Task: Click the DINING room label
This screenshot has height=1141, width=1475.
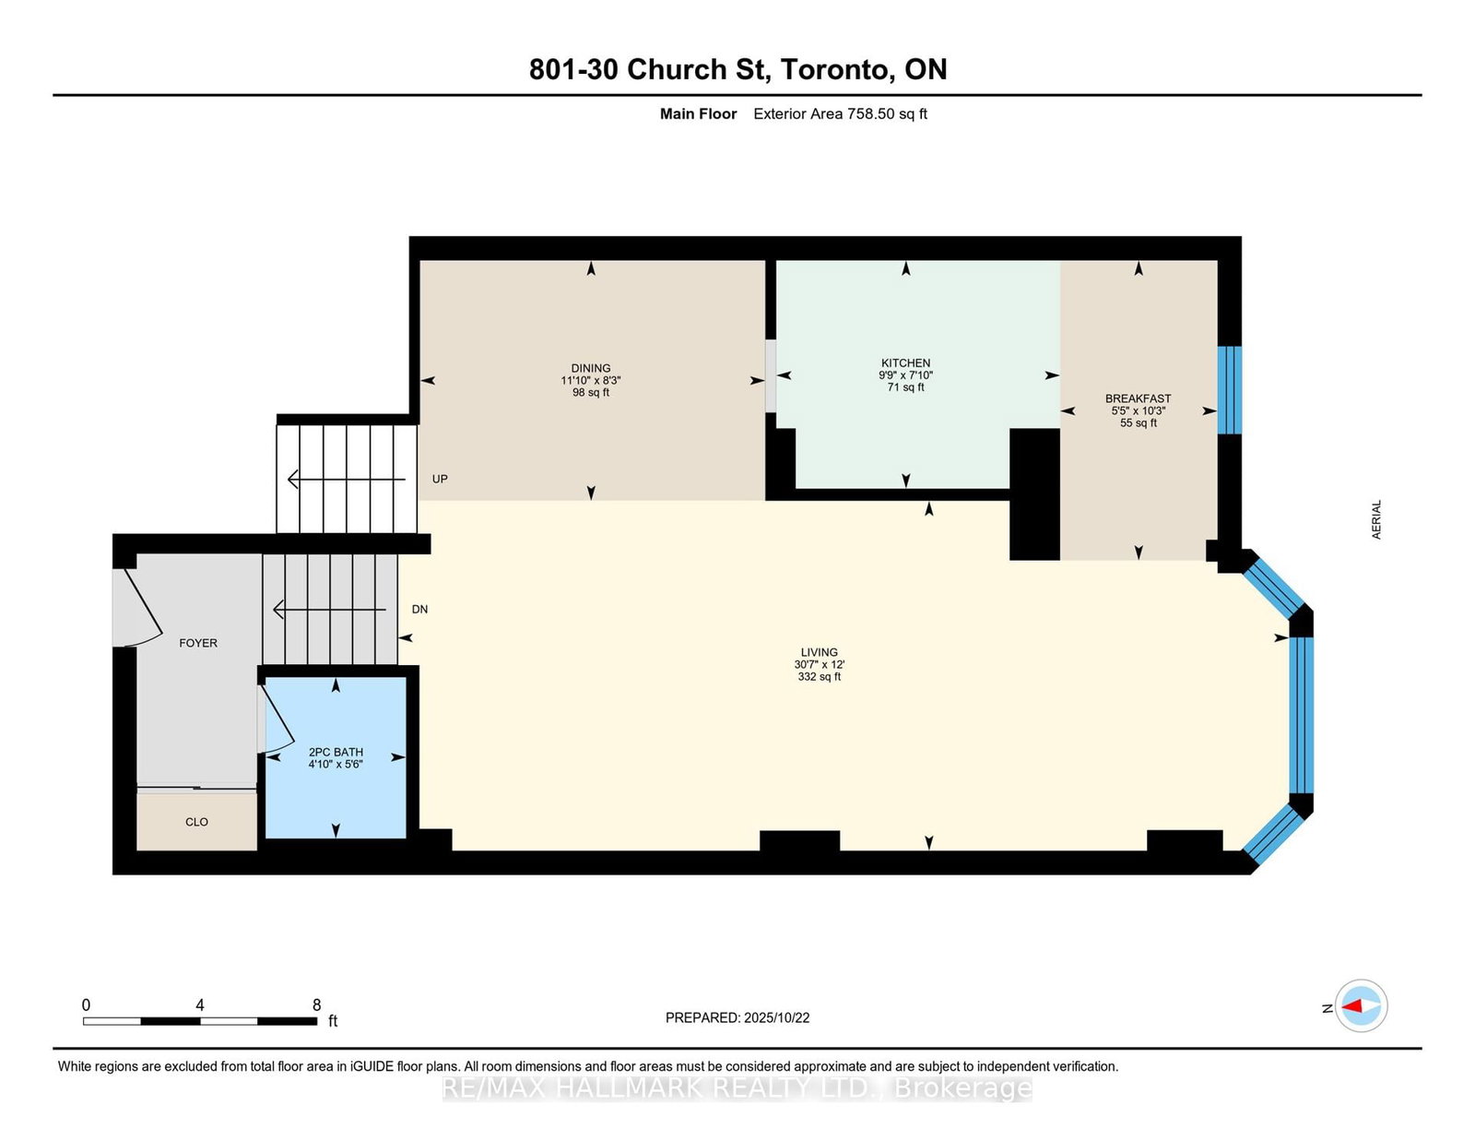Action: click(590, 368)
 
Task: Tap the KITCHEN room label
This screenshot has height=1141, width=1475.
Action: click(905, 363)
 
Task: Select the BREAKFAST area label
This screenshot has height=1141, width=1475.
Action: click(1138, 398)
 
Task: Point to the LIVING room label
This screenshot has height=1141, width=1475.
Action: click(819, 652)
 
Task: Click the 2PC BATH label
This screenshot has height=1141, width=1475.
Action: click(336, 752)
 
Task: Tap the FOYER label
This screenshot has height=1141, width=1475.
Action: click(198, 643)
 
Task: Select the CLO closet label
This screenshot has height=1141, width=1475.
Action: click(196, 822)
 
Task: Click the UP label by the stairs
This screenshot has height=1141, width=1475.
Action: click(440, 479)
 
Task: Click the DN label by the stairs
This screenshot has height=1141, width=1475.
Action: click(419, 609)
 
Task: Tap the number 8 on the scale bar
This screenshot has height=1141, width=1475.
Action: click(316, 1005)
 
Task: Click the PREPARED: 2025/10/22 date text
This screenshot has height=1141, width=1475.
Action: click(737, 1017)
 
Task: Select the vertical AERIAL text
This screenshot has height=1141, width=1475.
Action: click(1376, 519)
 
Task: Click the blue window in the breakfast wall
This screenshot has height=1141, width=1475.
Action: click(1229, 389)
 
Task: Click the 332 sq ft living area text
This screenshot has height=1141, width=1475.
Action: click(819, 676)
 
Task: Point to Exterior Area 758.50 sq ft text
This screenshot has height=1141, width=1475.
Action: click(840, 113)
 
